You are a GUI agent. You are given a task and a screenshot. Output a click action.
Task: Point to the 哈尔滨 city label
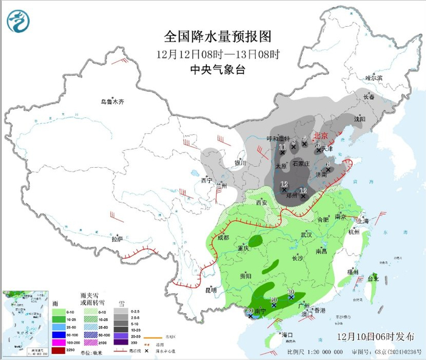pyautogui.click(x=374, y=78)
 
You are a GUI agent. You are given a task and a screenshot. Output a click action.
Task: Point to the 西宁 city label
pyautogui.click(x=206, y=181)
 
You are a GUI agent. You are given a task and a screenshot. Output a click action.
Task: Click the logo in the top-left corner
pyautogui.click(x=18, y=21)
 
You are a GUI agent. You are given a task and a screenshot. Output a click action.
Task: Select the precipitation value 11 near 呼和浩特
pyautogui.click(x=282, y=147)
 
